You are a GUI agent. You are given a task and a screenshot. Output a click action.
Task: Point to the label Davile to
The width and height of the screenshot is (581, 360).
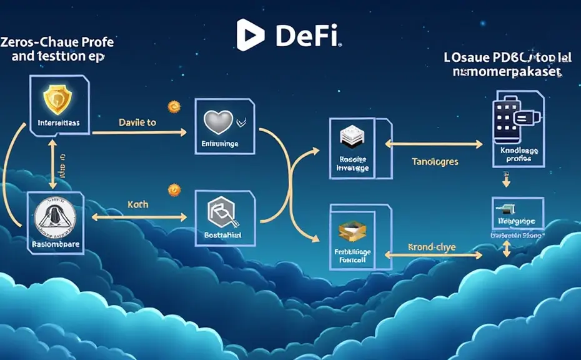137,123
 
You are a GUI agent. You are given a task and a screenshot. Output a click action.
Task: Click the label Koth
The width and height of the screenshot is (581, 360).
137,204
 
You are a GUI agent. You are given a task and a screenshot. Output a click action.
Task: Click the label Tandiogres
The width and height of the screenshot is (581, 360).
435,161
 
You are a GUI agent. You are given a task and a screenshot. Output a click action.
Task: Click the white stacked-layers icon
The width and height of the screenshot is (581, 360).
349,137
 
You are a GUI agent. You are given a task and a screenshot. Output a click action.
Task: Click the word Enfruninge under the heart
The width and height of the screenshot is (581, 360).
221,144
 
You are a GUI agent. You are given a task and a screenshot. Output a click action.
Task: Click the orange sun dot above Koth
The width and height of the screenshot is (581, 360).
174,188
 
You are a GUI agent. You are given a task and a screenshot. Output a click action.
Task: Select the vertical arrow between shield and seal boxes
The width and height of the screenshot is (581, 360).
53,163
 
